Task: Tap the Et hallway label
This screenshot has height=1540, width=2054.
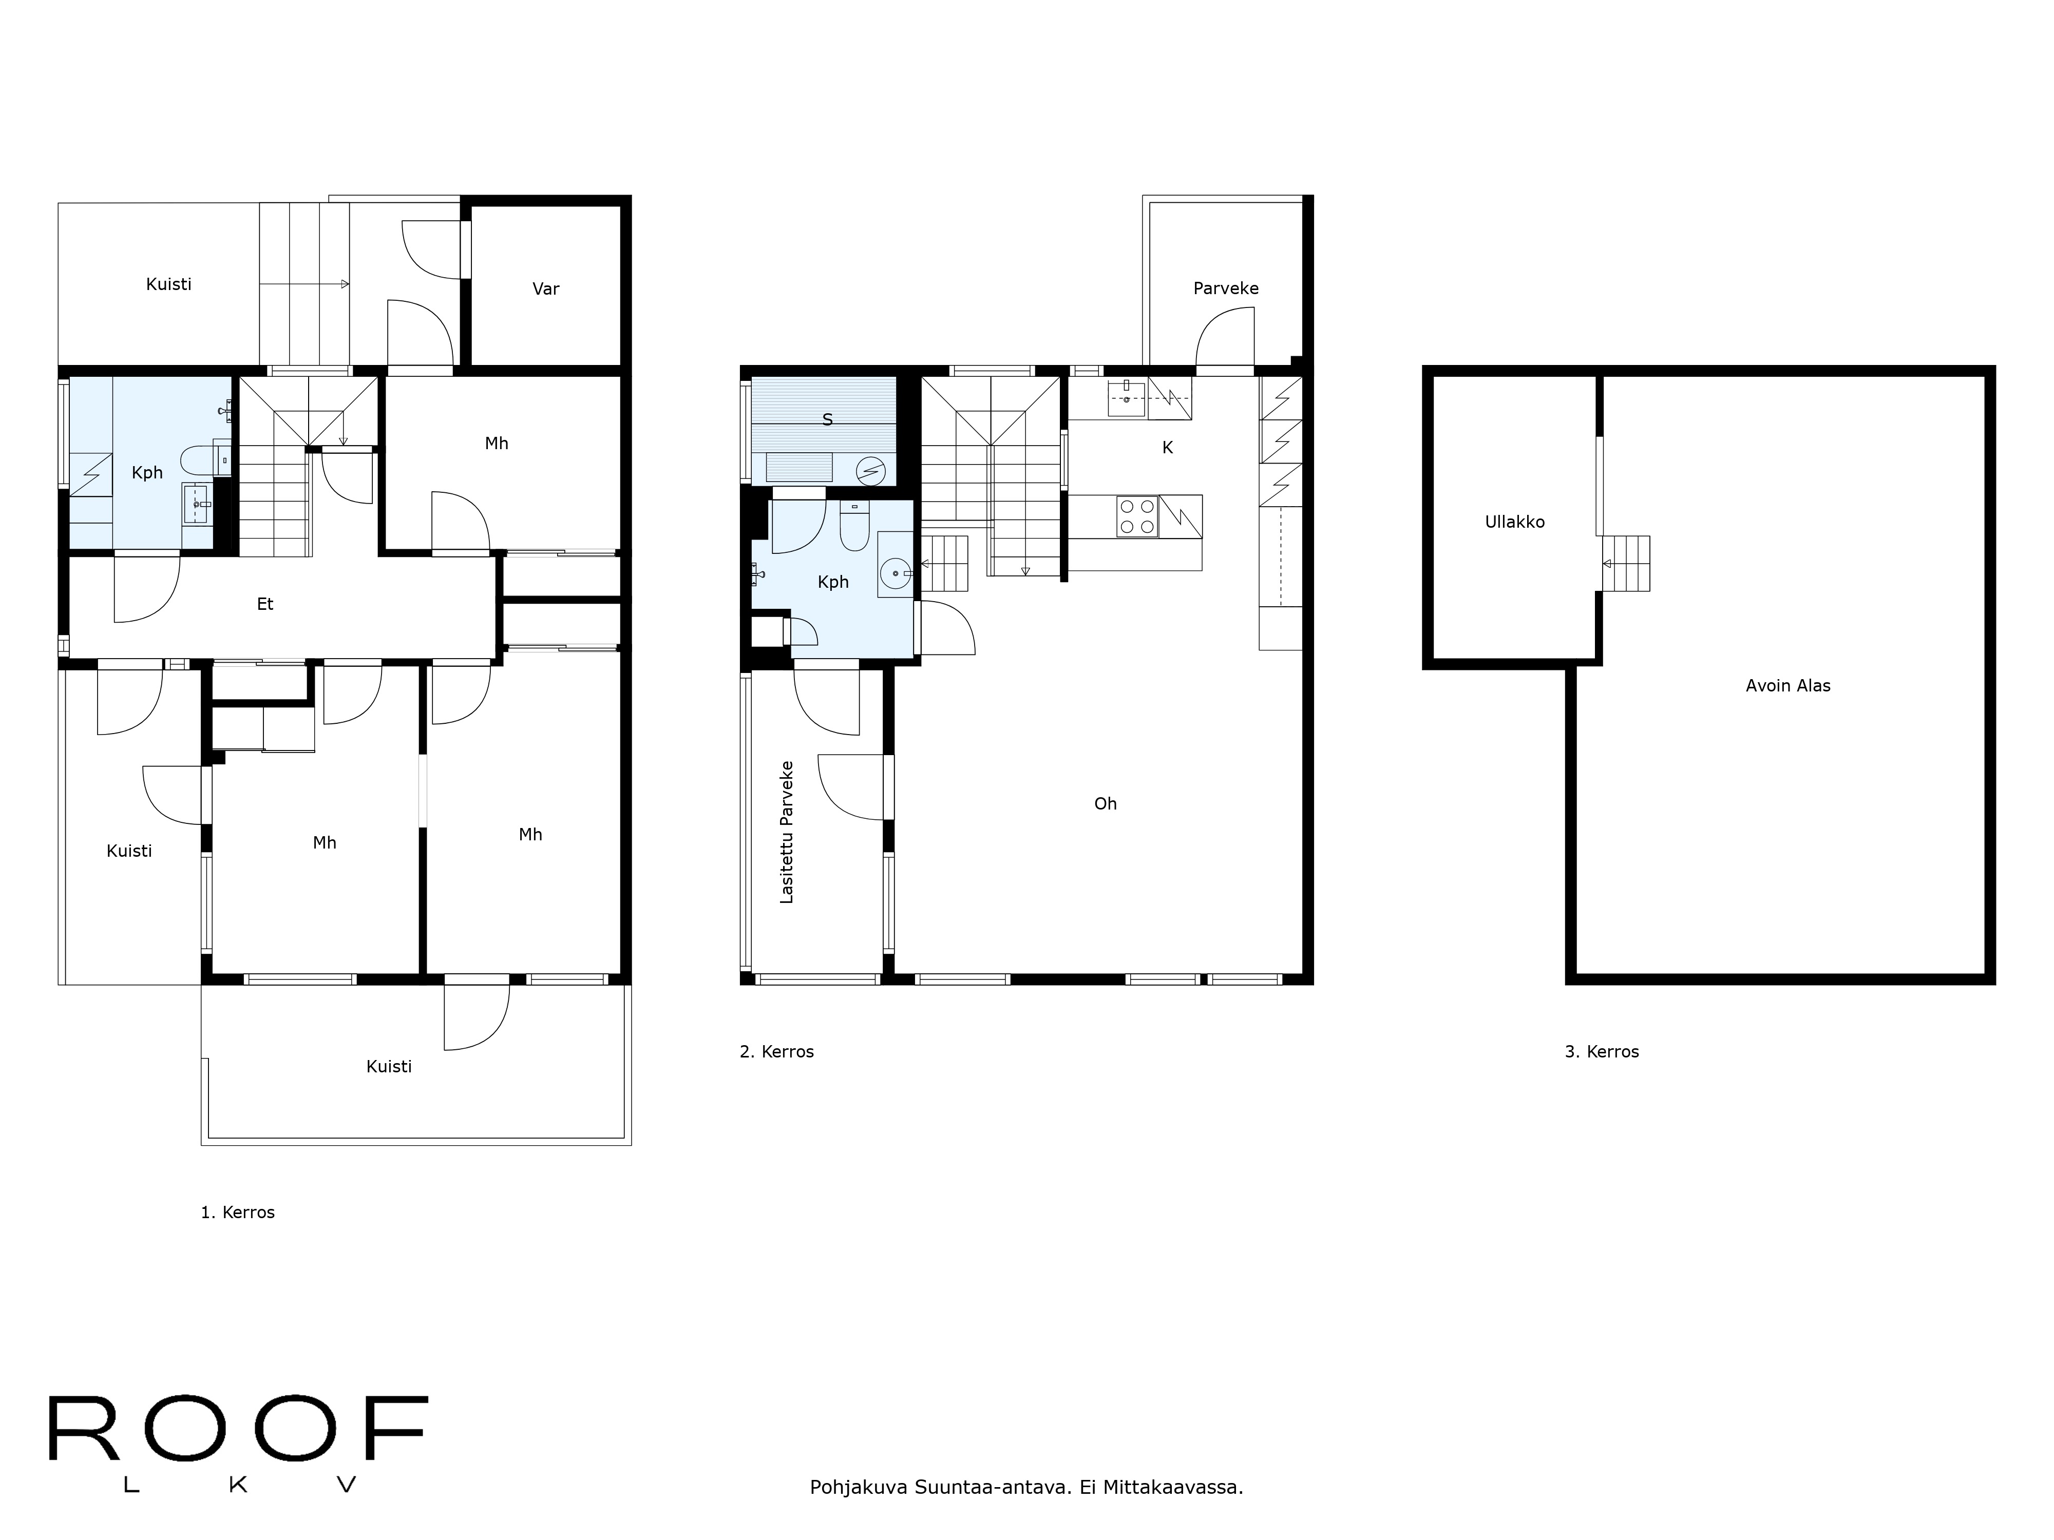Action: (x=264, y=604)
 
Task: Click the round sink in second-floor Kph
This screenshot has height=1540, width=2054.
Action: (x=895, y=574)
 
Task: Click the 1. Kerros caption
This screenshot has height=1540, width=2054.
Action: (x=238, y=1212)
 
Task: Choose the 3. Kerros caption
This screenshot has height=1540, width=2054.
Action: (x=1601, y=1052)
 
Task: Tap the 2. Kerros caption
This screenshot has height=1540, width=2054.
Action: (x=776, y=1052)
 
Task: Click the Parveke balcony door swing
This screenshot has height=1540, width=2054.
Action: (x=1224, y=339)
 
